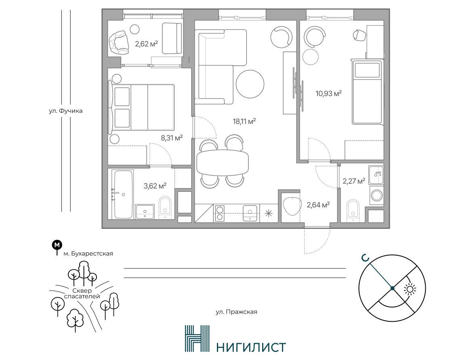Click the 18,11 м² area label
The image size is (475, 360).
(x=244, y=122)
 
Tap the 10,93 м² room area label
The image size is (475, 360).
(x=329, y=93)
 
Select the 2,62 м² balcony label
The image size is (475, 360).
(x=147, y=44)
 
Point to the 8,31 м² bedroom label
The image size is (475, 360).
(x=172, y=138)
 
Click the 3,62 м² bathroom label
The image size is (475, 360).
(x=155, y=186)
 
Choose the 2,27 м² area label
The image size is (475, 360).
(x=354, y=181)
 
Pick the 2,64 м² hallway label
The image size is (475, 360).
(x=318, y=205)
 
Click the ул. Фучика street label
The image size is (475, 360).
(x=66, y=111)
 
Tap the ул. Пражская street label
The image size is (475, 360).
(x=237, y=312)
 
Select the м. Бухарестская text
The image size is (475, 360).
(x=88, y=254)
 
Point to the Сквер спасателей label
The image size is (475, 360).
(x=82, y=293)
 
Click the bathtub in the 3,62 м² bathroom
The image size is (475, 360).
(x=122, y=194)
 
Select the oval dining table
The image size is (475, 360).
(x=223, y=162)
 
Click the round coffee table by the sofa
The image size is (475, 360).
(x=250, y=84)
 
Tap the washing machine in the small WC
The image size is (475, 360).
(x=377, y=195)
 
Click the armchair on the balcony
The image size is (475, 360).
(x=119, y=43)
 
